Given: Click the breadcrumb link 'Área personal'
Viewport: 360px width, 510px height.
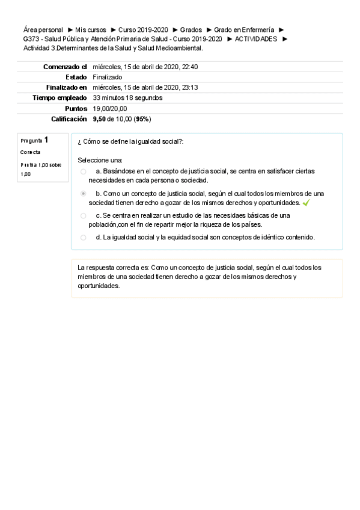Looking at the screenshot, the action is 43,29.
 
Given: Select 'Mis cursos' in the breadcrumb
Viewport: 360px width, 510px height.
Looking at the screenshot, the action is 91,29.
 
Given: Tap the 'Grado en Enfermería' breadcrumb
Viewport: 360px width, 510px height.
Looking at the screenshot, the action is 244,29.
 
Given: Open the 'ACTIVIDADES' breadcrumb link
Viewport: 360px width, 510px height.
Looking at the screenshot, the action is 256,38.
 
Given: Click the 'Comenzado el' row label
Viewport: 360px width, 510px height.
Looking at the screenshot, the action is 65,67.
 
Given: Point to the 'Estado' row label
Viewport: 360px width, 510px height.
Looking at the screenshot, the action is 76,77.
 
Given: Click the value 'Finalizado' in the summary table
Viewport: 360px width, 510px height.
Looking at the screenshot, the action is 108,77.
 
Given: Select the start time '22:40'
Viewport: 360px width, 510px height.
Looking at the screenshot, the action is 189,67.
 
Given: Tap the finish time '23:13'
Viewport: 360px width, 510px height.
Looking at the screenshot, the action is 189,87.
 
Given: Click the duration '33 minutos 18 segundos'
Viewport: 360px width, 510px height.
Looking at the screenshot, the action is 127,97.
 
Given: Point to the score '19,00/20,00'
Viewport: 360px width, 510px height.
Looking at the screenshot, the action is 110,108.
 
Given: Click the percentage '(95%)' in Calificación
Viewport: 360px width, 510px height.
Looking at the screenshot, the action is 142,119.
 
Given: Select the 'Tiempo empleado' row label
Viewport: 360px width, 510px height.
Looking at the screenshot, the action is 59,97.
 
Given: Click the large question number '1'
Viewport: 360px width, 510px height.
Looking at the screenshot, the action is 46,140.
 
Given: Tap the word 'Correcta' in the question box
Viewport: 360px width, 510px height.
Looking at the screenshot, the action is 31,152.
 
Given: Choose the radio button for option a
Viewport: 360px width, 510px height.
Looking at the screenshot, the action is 84,171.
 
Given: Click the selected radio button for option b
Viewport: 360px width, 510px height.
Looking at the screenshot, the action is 84,194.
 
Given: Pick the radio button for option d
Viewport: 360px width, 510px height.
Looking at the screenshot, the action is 84,238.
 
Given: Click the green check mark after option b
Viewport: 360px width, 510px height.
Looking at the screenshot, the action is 307,203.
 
